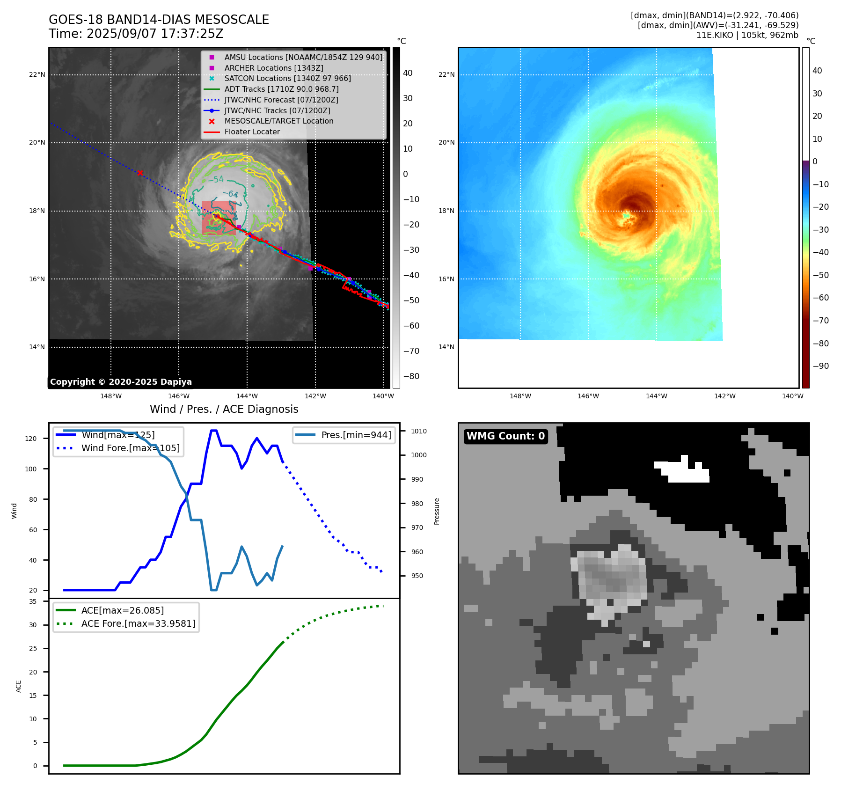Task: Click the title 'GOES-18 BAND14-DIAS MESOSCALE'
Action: coord(159,20)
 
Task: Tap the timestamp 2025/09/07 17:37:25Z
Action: coord(155,34)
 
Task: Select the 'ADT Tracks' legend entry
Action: coord(281,89)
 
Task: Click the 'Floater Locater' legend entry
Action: coord(252,132)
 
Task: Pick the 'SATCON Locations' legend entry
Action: coord(287,79)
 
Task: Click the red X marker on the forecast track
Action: coord(140,173)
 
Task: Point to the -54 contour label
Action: coord(216,179)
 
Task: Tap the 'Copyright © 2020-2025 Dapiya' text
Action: coord(121,382)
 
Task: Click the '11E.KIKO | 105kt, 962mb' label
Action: coord(747,35)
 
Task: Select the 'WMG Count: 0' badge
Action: coord(505,436)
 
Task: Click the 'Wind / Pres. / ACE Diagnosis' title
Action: coord(224,409)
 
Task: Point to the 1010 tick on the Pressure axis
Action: coord(419,431)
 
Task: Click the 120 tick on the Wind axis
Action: coord(31,439)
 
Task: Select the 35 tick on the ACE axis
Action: coord(33,601)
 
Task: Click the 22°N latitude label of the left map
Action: coord(37,74)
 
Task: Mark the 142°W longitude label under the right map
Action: coord(724,396)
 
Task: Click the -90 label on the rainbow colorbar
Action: coord(820,366)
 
